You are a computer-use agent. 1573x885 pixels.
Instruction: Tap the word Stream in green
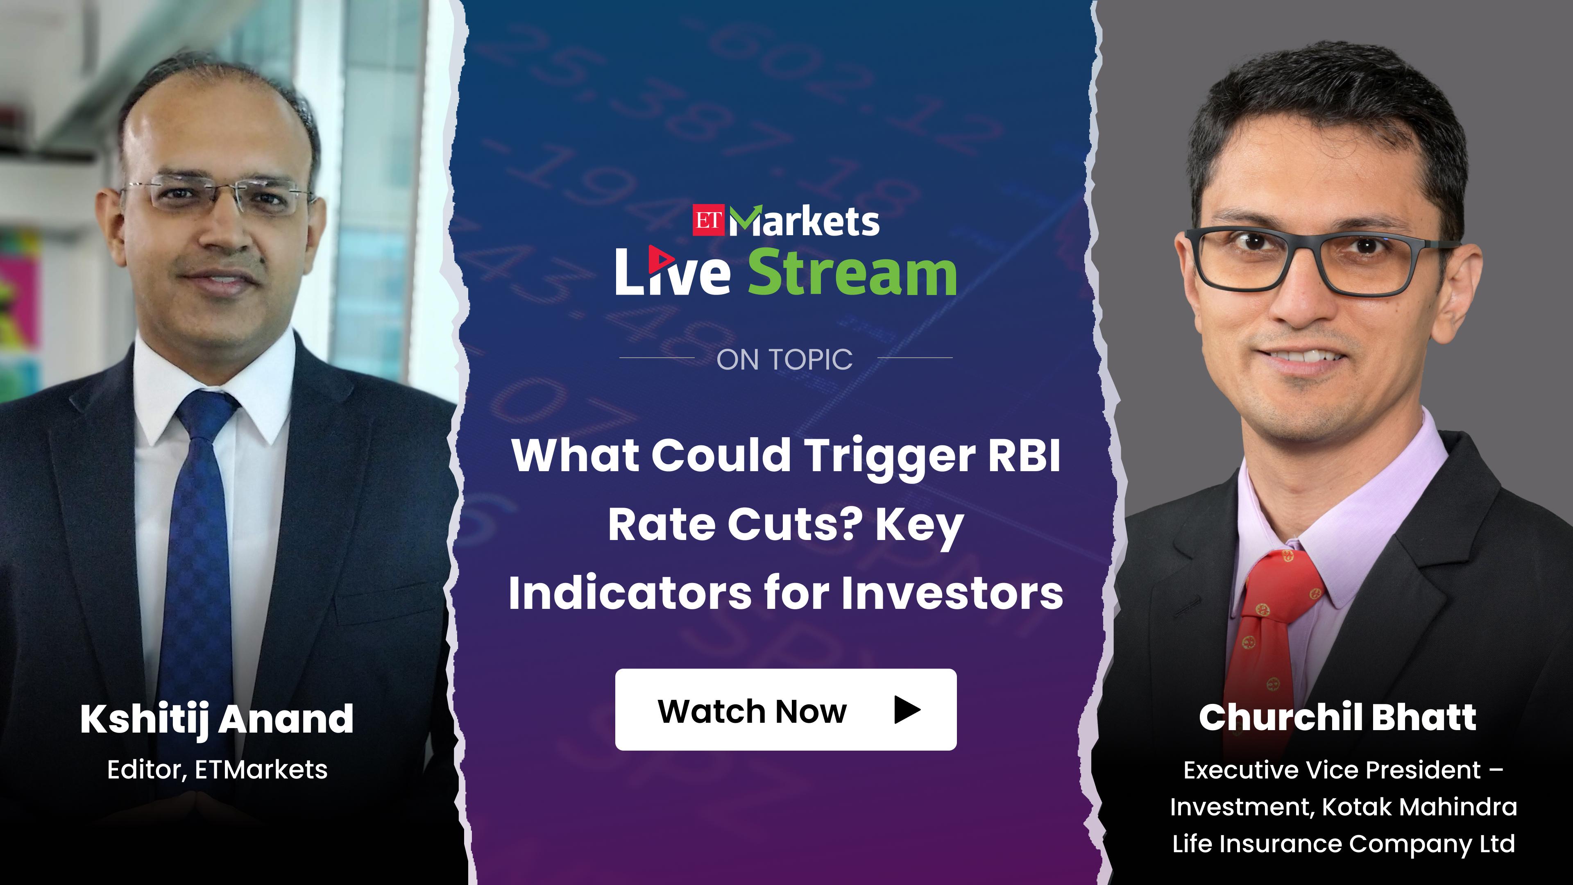pos(852,272)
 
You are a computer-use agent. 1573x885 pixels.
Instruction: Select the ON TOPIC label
pos(785,360)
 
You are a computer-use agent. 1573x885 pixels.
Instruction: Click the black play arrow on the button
pos(907,710)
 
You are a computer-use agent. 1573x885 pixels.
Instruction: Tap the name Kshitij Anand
pos(217,719)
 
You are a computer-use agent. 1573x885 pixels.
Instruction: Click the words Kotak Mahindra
pos(1419,807)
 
